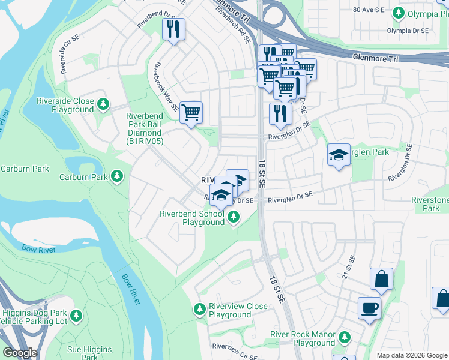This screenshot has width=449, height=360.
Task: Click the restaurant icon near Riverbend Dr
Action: [173, 29]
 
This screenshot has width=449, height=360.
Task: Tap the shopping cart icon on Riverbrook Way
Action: [191, 112]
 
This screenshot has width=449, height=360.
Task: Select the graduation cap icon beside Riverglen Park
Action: [339, 155]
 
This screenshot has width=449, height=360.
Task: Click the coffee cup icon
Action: [369, 308]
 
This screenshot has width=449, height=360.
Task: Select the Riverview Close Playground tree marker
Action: [199, 310]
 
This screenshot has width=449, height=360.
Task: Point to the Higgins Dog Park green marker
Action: [76, 316]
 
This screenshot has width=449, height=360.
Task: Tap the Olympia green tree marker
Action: [397, 13]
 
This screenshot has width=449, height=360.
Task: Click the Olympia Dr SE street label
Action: [408, 31]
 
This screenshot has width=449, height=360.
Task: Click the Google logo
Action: [20, 353]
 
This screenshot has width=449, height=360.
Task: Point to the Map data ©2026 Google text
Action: [411, 355]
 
